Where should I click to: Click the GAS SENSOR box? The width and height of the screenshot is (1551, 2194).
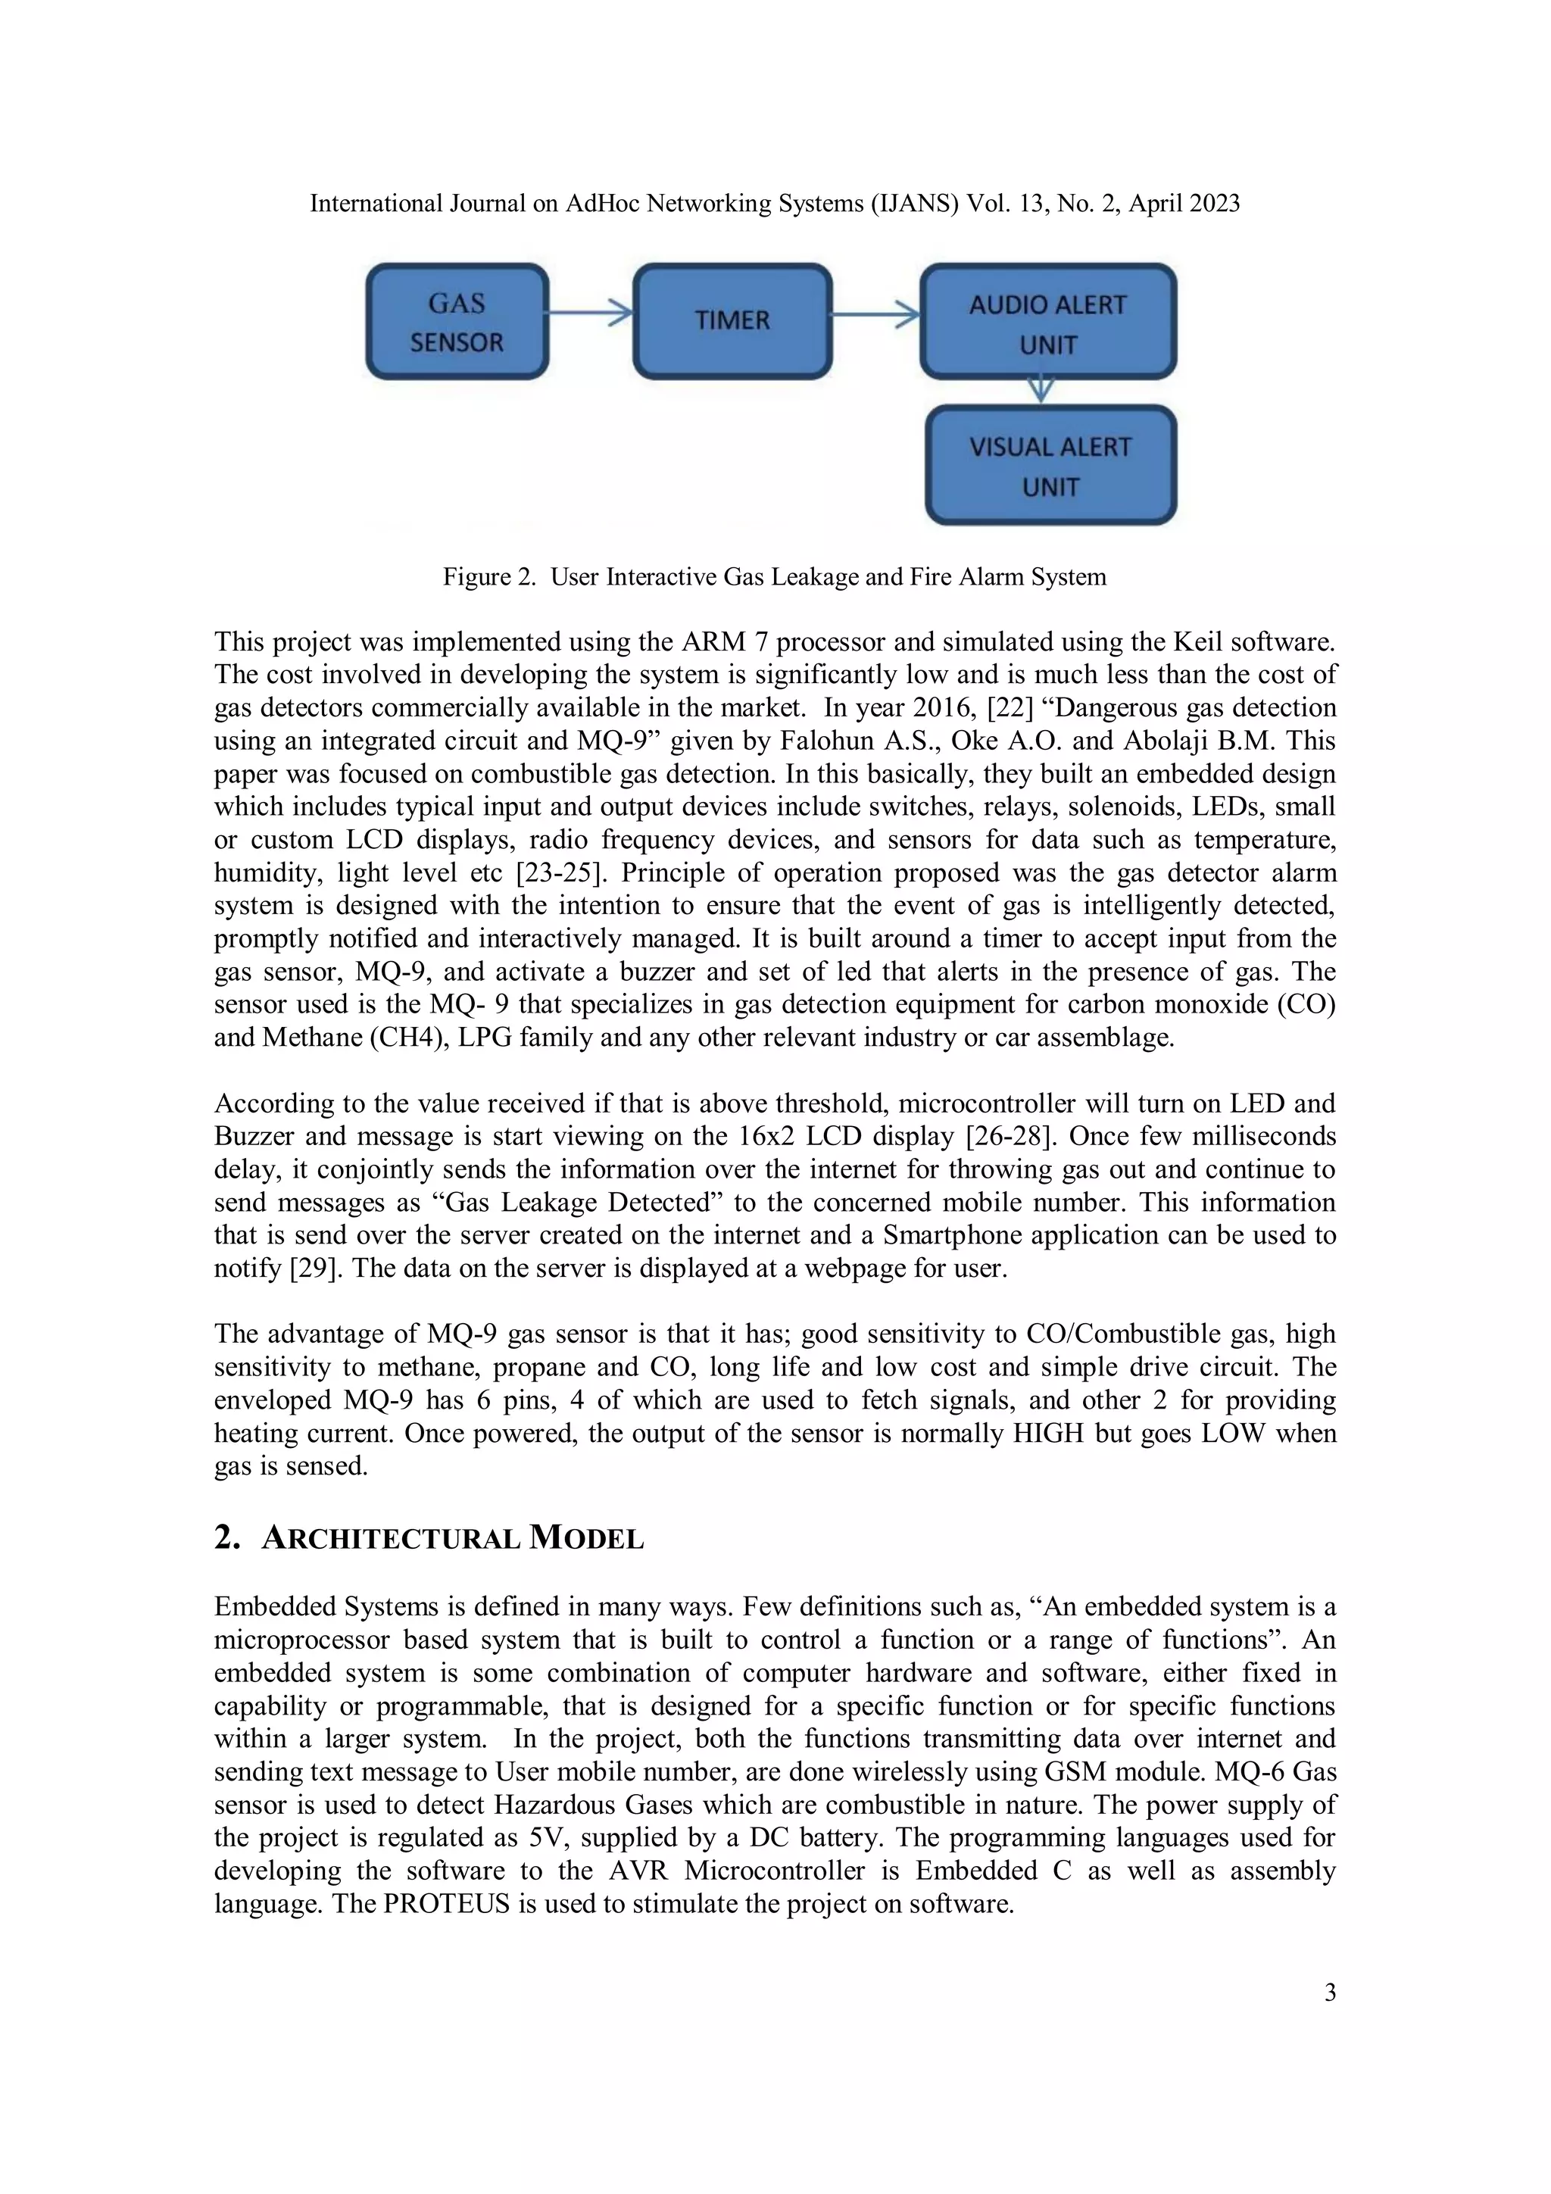pos(457,322)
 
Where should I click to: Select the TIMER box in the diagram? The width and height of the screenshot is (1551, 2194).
pos(732,321)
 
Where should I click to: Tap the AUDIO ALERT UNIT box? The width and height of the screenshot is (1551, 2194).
pos(1048,322)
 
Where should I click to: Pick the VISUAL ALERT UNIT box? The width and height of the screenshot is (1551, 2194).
pos(1050,465)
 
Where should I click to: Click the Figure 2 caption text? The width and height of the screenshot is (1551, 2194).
pos(774,577)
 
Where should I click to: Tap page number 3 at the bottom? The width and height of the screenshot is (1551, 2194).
pos(1329,1993)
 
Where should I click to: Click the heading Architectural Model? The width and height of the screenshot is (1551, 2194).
pos(453,1538)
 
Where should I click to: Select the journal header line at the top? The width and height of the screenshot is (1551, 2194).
pos(774,204)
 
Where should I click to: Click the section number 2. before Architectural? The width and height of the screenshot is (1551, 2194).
pos(226,1537)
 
